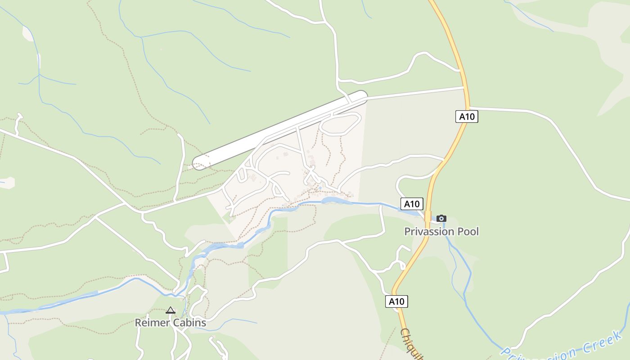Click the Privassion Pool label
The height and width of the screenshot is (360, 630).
(x=441, y=232)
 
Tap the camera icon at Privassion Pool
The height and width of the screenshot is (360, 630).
(x=441, y=219)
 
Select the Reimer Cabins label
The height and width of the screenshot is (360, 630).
(x=171, y=323)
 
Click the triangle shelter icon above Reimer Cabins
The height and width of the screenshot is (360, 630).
(x=170, y=310)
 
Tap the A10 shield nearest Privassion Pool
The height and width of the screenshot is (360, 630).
(x=412, y=204)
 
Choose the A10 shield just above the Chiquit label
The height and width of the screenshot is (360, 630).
(x=396, y=301)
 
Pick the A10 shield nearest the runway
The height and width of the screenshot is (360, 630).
(x=466, y=117)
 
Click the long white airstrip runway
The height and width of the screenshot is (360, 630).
(x=279, y=130)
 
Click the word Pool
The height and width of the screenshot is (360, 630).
(x=468, y=232)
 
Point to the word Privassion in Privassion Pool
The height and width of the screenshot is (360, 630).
(x=430, y=232)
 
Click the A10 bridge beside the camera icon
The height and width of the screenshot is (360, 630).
(x=428, y=217)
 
